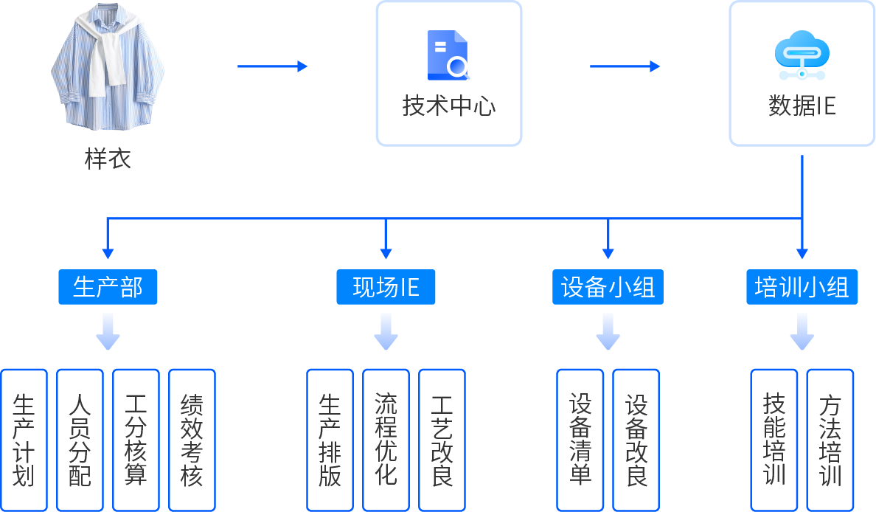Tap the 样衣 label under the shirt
point(108,159)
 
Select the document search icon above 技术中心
point(448,55)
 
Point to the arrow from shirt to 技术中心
point(272,66)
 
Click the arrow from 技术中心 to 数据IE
point(625,66)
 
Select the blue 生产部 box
point(108,287)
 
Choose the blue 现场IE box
point(386,287)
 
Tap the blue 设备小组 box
point(608,287)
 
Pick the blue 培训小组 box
point(802,287)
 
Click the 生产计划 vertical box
point(24,440)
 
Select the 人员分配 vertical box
point(80,440)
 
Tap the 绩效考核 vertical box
point(192,440)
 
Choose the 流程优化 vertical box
point(386,440)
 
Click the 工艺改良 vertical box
point(442,440)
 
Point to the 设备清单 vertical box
point(580,440)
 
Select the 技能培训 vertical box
point(774,440)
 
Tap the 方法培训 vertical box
point(830,440)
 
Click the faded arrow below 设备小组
point(608,331)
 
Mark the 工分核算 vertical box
point(136,440)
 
